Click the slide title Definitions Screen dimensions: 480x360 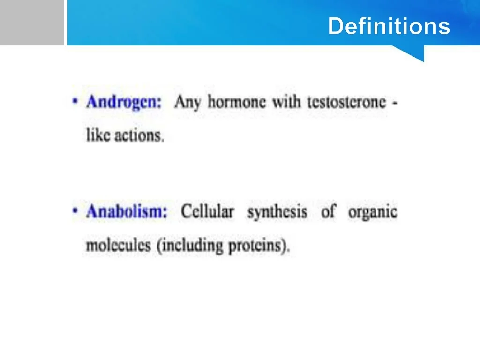coord(389,26)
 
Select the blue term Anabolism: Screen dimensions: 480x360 coord(127,211)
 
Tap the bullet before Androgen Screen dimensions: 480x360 coord(75,101)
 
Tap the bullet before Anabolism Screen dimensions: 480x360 coord(75,210)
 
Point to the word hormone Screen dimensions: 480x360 coord(237,102)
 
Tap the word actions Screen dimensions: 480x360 coord(139,135)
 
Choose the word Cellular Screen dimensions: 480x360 coord(208,211)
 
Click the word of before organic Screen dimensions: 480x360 coord(329,211)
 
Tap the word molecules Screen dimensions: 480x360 coord(119,246)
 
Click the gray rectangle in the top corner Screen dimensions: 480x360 coord(32,22)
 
